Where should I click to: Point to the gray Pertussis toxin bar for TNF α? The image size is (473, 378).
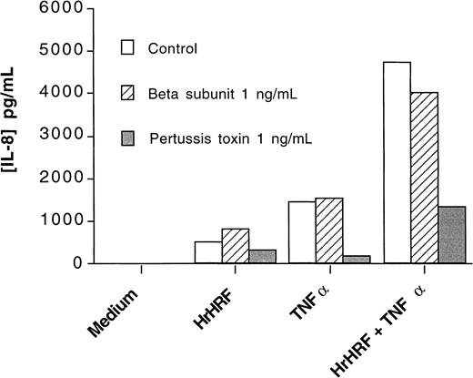pyautogui.click(x=357, y=260)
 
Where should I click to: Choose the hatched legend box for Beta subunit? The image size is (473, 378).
pyautogui.click(x=127, y=92)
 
